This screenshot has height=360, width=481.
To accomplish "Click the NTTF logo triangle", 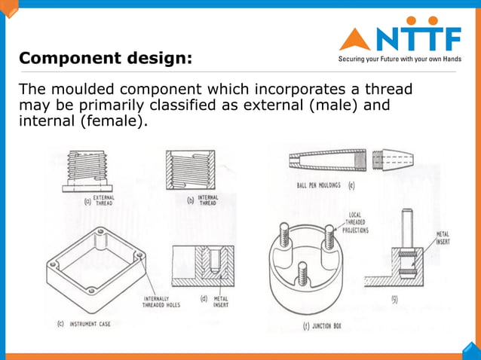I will pos(354,38).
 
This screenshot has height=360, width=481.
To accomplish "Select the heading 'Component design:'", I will pos(105,58).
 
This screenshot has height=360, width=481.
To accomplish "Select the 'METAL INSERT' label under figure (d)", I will pos(221,303).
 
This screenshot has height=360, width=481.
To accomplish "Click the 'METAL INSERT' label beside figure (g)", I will pos(443,239).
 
